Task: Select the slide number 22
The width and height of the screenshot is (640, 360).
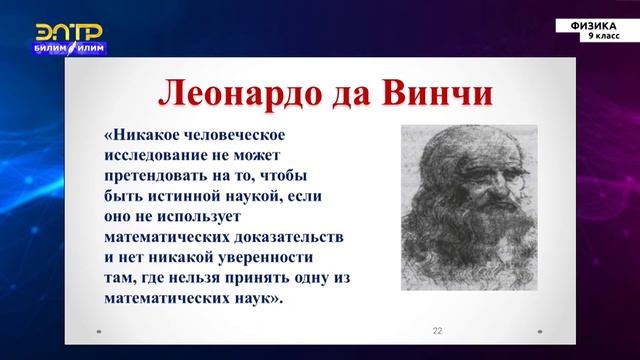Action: point(437,331)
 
